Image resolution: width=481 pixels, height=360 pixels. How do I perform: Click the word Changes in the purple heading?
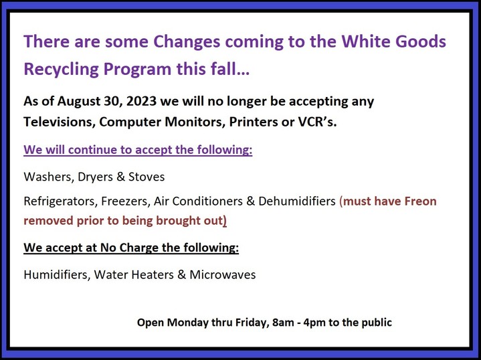[187, 42]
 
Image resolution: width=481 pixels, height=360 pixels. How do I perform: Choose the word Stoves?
[147, 177]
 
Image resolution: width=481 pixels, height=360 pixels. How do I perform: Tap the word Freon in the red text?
[421, 201]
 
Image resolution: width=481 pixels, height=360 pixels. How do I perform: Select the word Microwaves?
[222, 274]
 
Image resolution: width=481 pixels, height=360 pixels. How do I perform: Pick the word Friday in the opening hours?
[252, 323]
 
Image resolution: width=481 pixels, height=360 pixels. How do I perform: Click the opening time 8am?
[283, 323]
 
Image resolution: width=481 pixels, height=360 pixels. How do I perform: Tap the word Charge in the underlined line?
[139, 248]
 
